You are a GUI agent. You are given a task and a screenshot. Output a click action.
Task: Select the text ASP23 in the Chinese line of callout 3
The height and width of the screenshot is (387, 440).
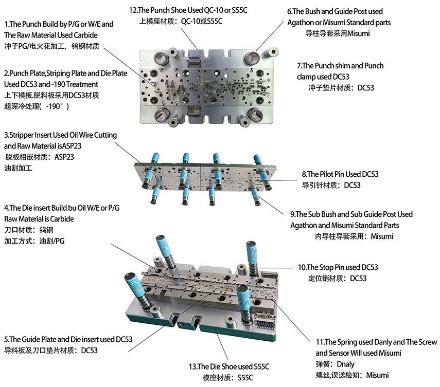coord(64,157)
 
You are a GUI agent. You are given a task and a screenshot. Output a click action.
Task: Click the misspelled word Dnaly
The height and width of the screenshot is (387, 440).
coord(345,364)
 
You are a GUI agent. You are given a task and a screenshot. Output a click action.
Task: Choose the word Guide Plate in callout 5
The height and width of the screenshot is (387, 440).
coord(39,340)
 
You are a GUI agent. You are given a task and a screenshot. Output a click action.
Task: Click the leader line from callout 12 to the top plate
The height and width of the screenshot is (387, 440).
coord(189,38)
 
